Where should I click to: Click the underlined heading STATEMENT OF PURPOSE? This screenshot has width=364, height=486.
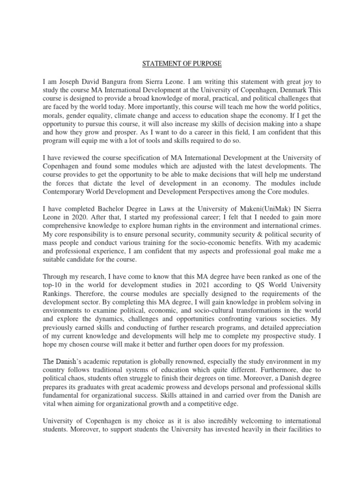coord(182,64)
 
